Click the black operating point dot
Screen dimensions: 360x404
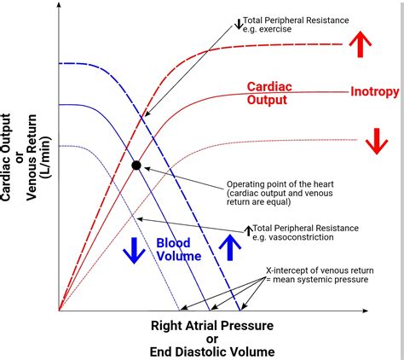click(136, 165)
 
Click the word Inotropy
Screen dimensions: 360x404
click(375, 90)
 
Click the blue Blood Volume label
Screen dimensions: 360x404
click(178, 248)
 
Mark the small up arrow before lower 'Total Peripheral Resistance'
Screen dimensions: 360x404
click(248, 228)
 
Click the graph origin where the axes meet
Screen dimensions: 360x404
click(59, 310)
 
